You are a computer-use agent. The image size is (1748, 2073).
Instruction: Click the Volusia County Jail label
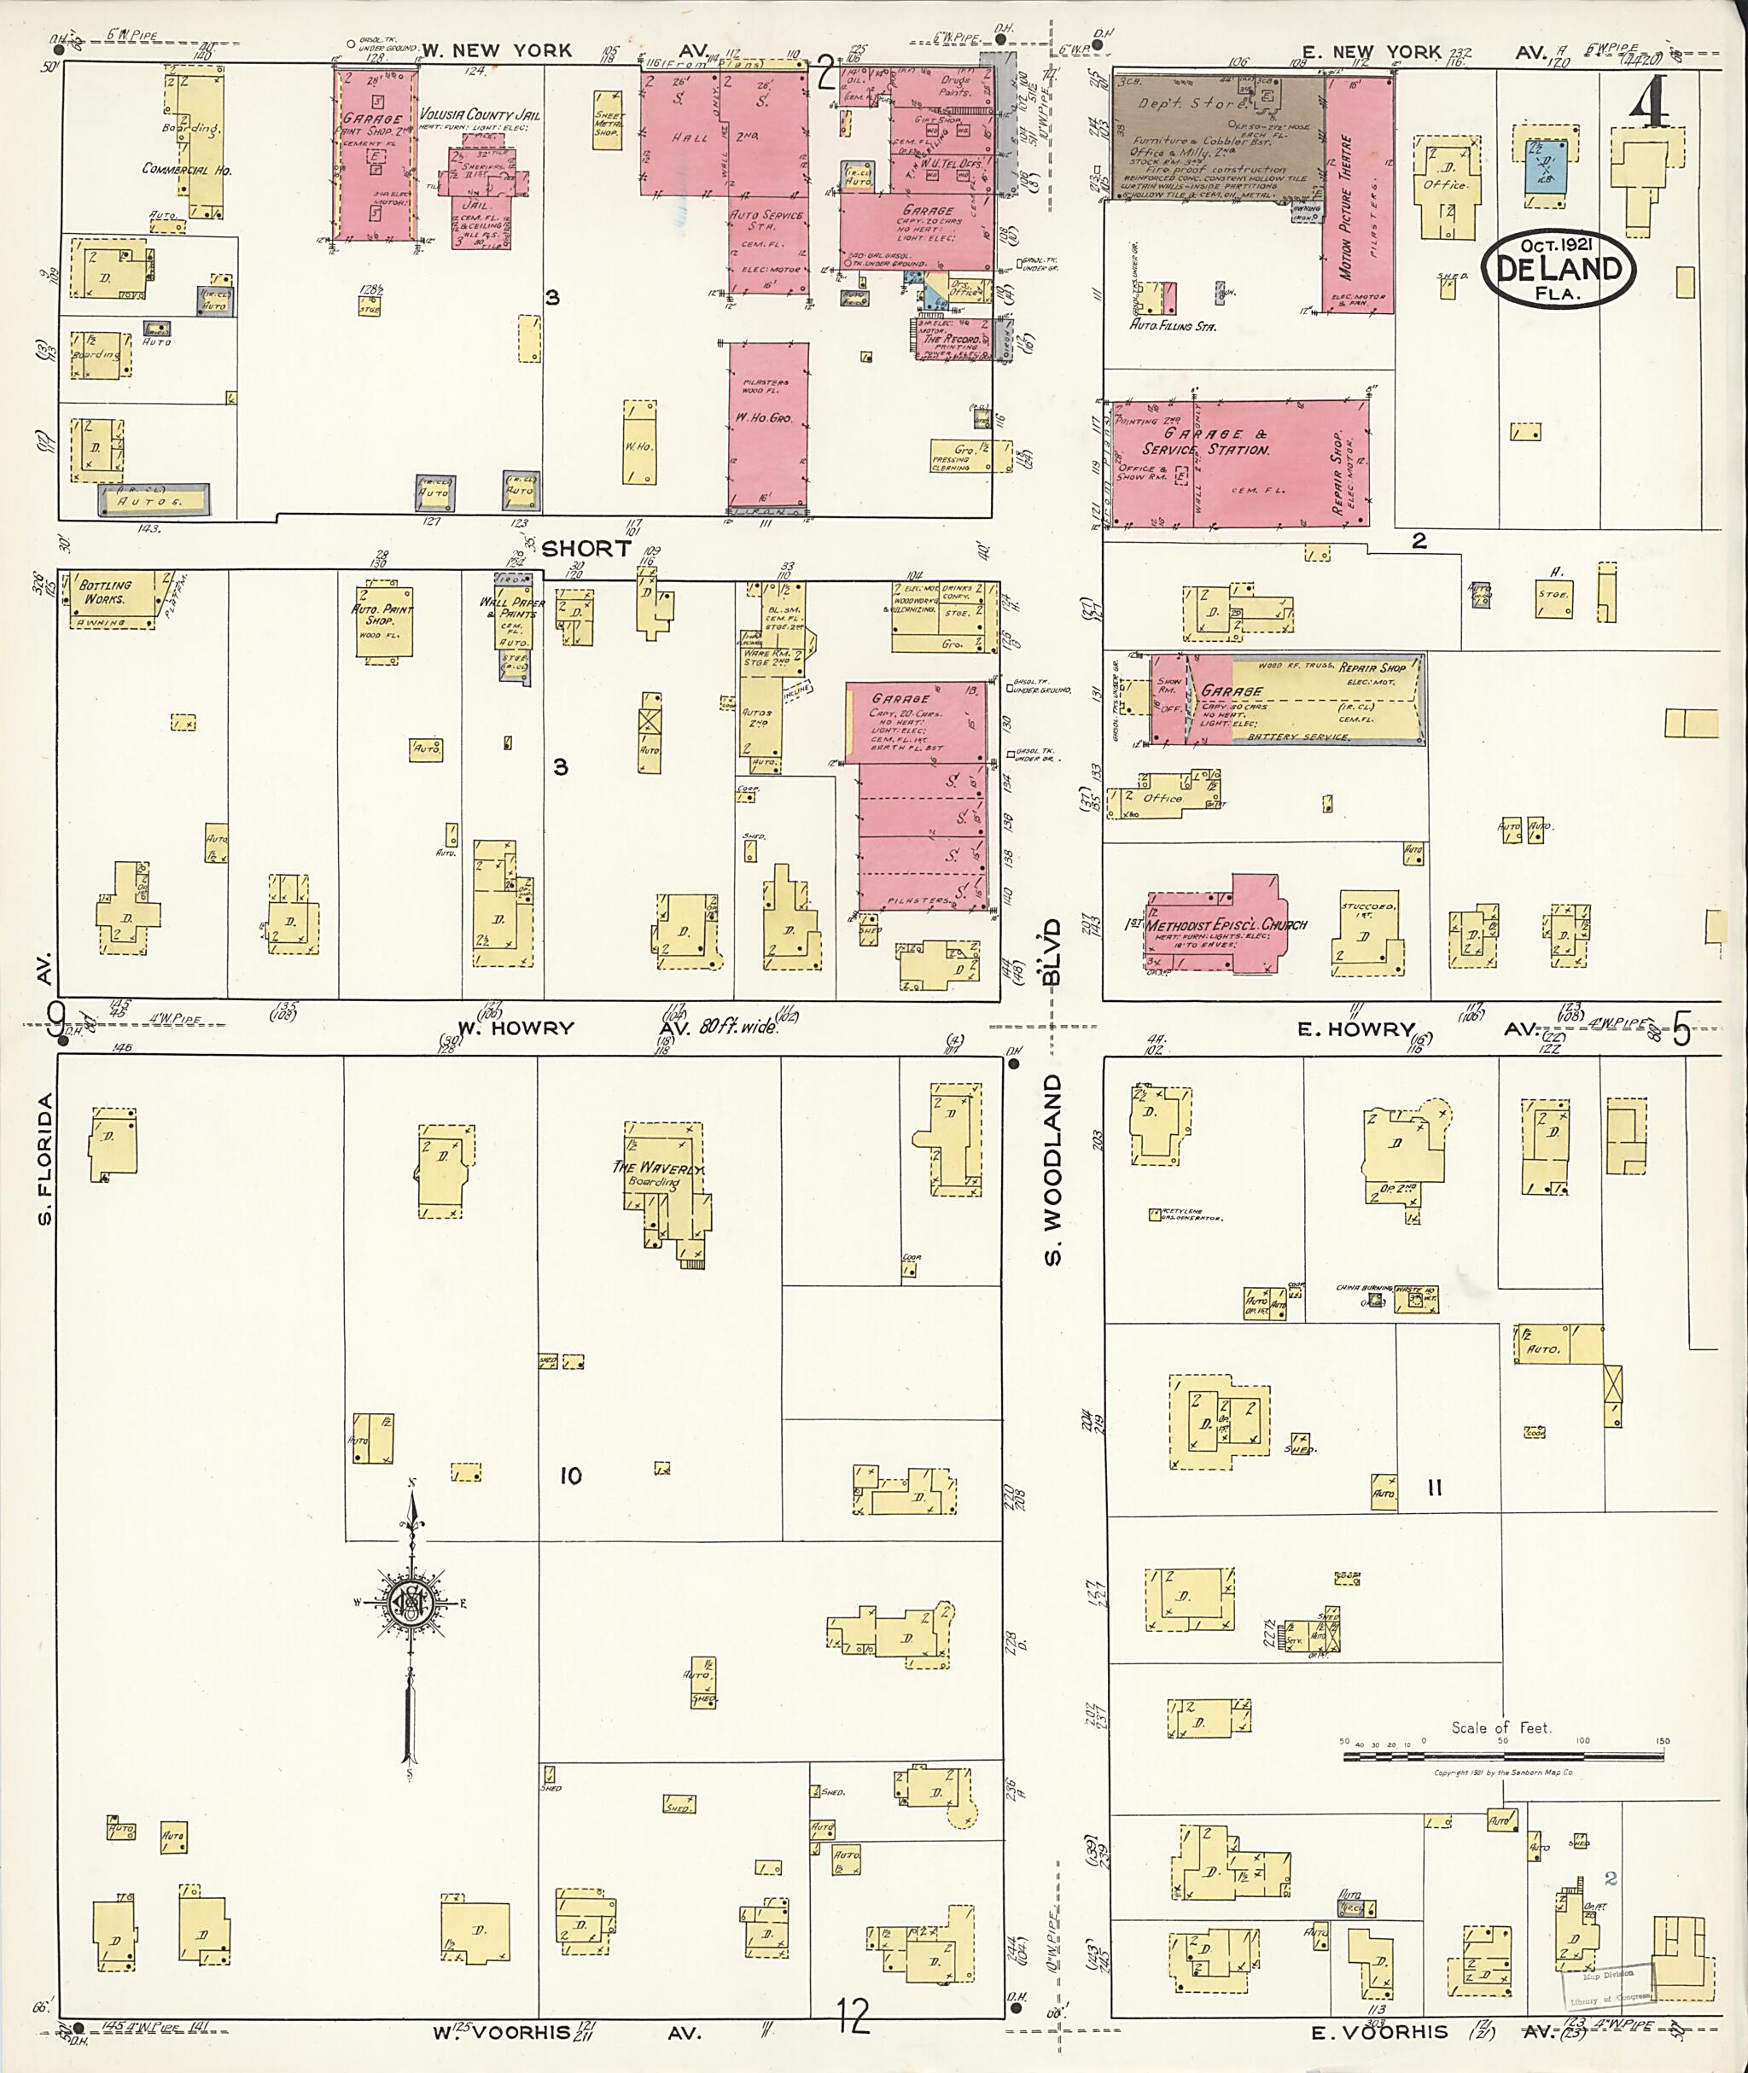coord(480,114)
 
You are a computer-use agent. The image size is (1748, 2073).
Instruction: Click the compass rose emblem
coord(408,1602)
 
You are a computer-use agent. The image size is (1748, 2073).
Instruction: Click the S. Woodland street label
coord(1052,1169)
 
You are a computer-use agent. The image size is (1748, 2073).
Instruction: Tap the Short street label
coord(586,548)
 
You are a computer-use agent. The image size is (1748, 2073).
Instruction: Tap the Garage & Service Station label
coord(1203,442)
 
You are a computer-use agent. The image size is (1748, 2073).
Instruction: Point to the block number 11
coord(1434,1488)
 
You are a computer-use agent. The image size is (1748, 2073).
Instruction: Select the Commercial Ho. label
coord(187,170)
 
